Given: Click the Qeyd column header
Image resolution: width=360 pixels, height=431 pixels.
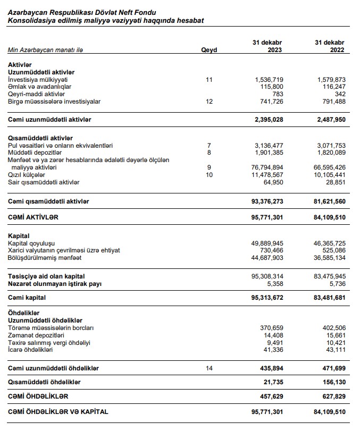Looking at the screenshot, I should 209,50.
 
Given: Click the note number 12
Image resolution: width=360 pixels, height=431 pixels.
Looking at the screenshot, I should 209,102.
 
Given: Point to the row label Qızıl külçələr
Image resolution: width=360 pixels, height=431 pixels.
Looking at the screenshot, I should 27,174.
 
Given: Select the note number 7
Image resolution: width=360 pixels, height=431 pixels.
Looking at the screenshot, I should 209,145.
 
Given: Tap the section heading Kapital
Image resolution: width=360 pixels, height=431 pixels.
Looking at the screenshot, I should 19,235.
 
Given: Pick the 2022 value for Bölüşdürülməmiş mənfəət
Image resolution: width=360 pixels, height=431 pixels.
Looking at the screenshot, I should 329,258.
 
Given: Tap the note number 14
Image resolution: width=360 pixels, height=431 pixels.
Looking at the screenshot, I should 209,368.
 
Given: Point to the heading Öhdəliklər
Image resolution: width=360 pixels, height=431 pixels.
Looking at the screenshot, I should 24,313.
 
